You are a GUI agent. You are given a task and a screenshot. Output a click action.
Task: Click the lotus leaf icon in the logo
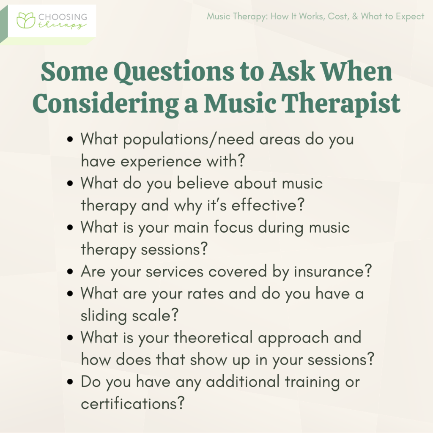25,20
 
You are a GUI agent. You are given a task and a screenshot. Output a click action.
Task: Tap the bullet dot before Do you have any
71,383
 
